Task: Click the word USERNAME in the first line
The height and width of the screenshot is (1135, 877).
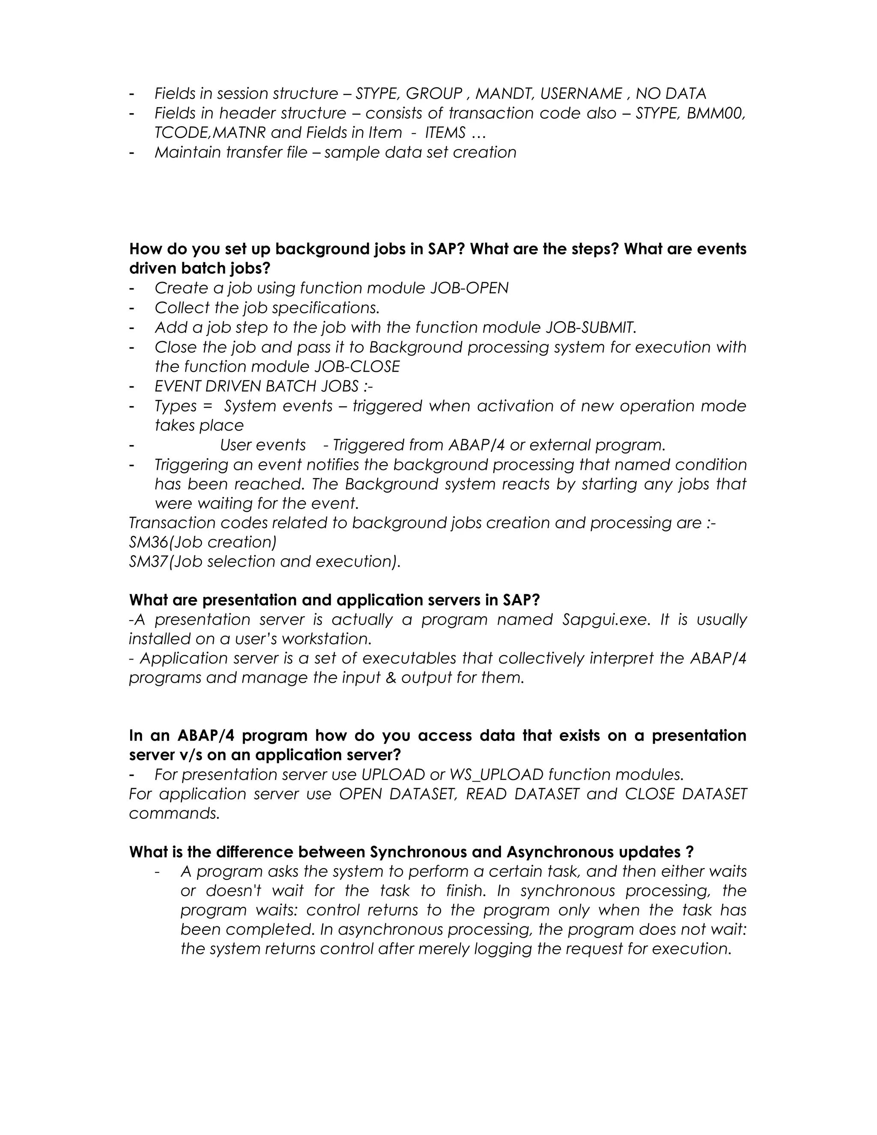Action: point(581,93)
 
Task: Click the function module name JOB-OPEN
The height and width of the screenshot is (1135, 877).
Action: point(469,288)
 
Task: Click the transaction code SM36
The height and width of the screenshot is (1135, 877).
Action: point(149,542)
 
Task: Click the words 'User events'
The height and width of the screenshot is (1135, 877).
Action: point(263,445)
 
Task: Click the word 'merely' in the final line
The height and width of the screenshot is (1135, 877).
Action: point(444,949)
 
